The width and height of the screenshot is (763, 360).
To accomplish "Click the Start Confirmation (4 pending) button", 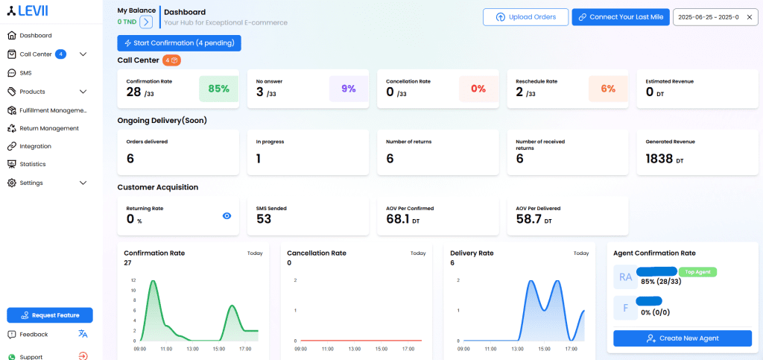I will pyautogui.click(x=179, y=43).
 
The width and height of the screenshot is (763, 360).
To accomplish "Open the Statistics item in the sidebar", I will pyautogui.click(x=32, y=164).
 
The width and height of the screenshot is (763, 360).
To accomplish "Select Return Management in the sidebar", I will pyautogui.click(x=48, y=128).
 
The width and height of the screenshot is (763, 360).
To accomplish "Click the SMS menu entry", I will pyautogui.click(x=25, y=73).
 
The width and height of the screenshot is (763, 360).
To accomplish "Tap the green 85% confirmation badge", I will pyautogui.click(x=218, y=89).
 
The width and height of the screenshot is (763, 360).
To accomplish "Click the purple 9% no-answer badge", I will pyautogui.click(x=349, y=89).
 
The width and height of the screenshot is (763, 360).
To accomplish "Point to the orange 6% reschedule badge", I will pyautogui.click(x=608, y=89).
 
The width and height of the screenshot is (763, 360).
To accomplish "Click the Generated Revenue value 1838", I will pyautogui.click(x=659, y=159).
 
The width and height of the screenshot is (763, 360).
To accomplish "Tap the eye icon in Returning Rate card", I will pyautogui.click(x=227, y=215).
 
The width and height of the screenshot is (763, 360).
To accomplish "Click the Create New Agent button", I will pyautogui.click(x=682, y=338).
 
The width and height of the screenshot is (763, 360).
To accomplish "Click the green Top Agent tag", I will pyautogui.click(x=698, y=272).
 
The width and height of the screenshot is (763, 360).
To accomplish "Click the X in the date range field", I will pyautogui.click(x=749, y=17).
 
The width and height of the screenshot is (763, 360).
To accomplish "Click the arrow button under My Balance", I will pyautogui.click(x=146, y=22).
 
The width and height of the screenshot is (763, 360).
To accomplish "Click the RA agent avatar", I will pyautogui.click(x=624, y=277).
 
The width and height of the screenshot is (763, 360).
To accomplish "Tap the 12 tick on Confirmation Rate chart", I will pyautogui.click(x=133, y=280).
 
